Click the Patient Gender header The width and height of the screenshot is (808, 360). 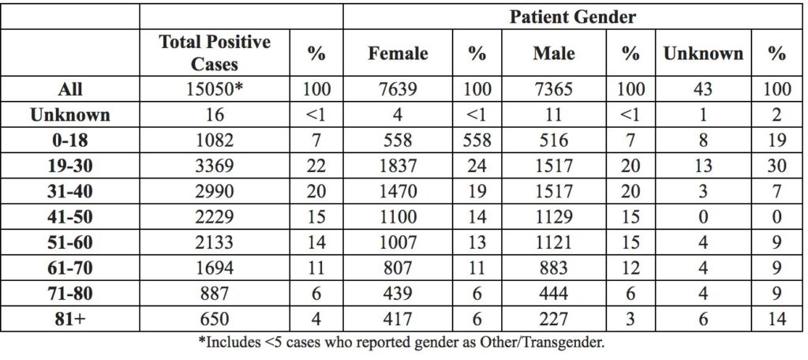click(x=573, y=17)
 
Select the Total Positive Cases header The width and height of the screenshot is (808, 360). click(x=215, y=53)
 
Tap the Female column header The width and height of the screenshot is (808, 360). click(x=398, y=53)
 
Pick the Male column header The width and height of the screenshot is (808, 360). click(x=554, y=53)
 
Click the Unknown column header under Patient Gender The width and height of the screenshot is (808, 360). click(x=703, y=53)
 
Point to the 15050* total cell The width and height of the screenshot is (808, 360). click(x=215, y=89)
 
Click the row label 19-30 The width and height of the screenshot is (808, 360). click(x=70, y=166)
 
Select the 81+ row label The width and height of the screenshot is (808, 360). click(x=70, y=319)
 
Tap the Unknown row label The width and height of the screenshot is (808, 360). click(x=70, y=115)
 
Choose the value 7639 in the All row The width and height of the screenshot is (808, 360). click(x=398, y=89)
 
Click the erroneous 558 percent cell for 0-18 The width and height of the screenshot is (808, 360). click(x=477, y=141)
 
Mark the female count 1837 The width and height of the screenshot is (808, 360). click(x=398, y=166)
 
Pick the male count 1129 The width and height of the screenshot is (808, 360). click(x=554, y=217)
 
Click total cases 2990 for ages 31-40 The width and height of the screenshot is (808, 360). click(x=215, y=191)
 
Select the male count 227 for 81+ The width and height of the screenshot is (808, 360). click(x=554, y=319)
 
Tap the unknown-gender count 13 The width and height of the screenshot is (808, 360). click(x=703, y=166)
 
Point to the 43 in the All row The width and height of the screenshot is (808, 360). click(x=703, y=89)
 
